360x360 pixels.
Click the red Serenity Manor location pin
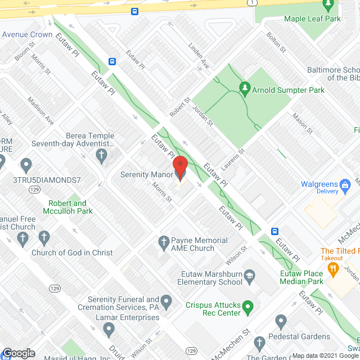pos(180,166)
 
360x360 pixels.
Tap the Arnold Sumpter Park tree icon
pos(244,88)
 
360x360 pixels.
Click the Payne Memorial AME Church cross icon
pos(163,244)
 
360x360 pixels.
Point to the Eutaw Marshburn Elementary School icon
pos(250,276)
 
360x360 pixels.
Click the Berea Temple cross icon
pos(102,156)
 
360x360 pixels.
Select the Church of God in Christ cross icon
pos(23,240)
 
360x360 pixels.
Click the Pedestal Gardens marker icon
pos(282,322)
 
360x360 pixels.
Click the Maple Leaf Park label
pos(313,19)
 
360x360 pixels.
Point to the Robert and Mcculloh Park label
pos(67,207)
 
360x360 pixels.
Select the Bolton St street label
pos(277,44)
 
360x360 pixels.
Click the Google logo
pos(18,353)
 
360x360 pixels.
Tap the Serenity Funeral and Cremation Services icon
pos(166,299)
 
